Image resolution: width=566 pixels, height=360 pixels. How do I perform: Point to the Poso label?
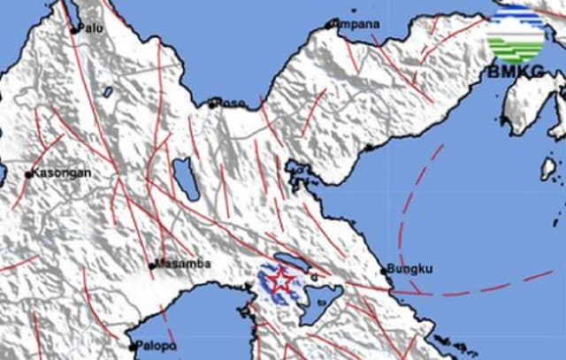tap(231, 103)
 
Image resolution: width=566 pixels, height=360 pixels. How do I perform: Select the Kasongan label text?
tap(62, 174)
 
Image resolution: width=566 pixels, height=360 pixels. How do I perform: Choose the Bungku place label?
tap(409, 269)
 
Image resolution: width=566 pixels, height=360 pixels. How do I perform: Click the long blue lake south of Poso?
tap(187, 179)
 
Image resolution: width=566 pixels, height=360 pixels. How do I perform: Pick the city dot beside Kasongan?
tap(29, 175)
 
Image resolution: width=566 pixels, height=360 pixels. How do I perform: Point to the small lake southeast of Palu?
tap(107, 91)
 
